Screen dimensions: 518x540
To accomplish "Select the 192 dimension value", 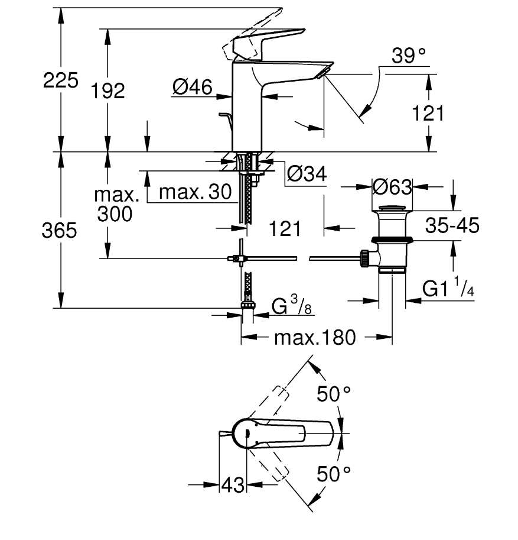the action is coord(107,91).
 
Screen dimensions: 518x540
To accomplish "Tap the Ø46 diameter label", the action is coord(193,87).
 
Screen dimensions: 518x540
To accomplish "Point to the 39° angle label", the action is coord(409,56).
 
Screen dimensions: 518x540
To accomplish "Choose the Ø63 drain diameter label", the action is coord(392,187).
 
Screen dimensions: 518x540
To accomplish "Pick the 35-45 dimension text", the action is coord(452,225).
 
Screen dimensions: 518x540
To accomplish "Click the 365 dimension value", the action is coord(59,230).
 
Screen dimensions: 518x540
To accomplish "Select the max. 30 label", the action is coord(195,192).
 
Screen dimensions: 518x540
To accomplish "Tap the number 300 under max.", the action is coord(115,214).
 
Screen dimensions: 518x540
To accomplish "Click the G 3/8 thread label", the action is coord(292,305).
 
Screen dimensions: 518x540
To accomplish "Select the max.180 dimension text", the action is coord(315,338).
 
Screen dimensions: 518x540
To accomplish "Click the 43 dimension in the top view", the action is coord(233,485).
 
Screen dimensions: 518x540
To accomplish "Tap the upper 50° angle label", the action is coord(334,394).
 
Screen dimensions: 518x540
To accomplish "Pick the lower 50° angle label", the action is coord(334,474).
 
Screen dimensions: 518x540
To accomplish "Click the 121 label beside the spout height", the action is coord(428,114).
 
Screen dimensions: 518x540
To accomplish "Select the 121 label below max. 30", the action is coord(285,229).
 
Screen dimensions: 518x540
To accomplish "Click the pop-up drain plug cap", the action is coord(392,208).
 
